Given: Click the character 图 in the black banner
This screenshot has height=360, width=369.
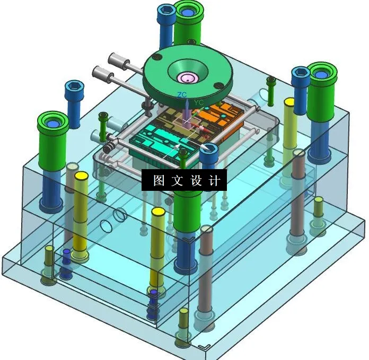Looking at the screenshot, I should click(x=159, y=181).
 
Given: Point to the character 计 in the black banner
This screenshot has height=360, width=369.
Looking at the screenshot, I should click(x=215, y=181).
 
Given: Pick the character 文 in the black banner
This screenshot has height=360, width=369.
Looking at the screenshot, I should click(x=178, y=181).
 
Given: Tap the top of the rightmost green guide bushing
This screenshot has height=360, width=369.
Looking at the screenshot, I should click(x=322, y=73).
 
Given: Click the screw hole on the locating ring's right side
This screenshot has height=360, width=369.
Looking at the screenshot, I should click(x=217, y=86).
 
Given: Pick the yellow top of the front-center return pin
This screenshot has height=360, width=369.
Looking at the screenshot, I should click(x=158, y=212).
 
